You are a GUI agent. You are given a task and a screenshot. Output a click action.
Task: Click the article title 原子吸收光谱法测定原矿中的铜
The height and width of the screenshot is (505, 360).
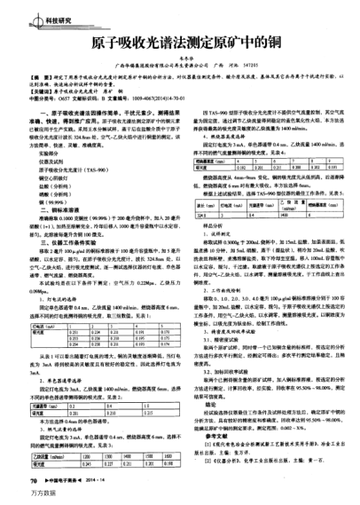tap(180, 42)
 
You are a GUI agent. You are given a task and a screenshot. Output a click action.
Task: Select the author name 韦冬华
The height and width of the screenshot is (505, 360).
tap(178, 59)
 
